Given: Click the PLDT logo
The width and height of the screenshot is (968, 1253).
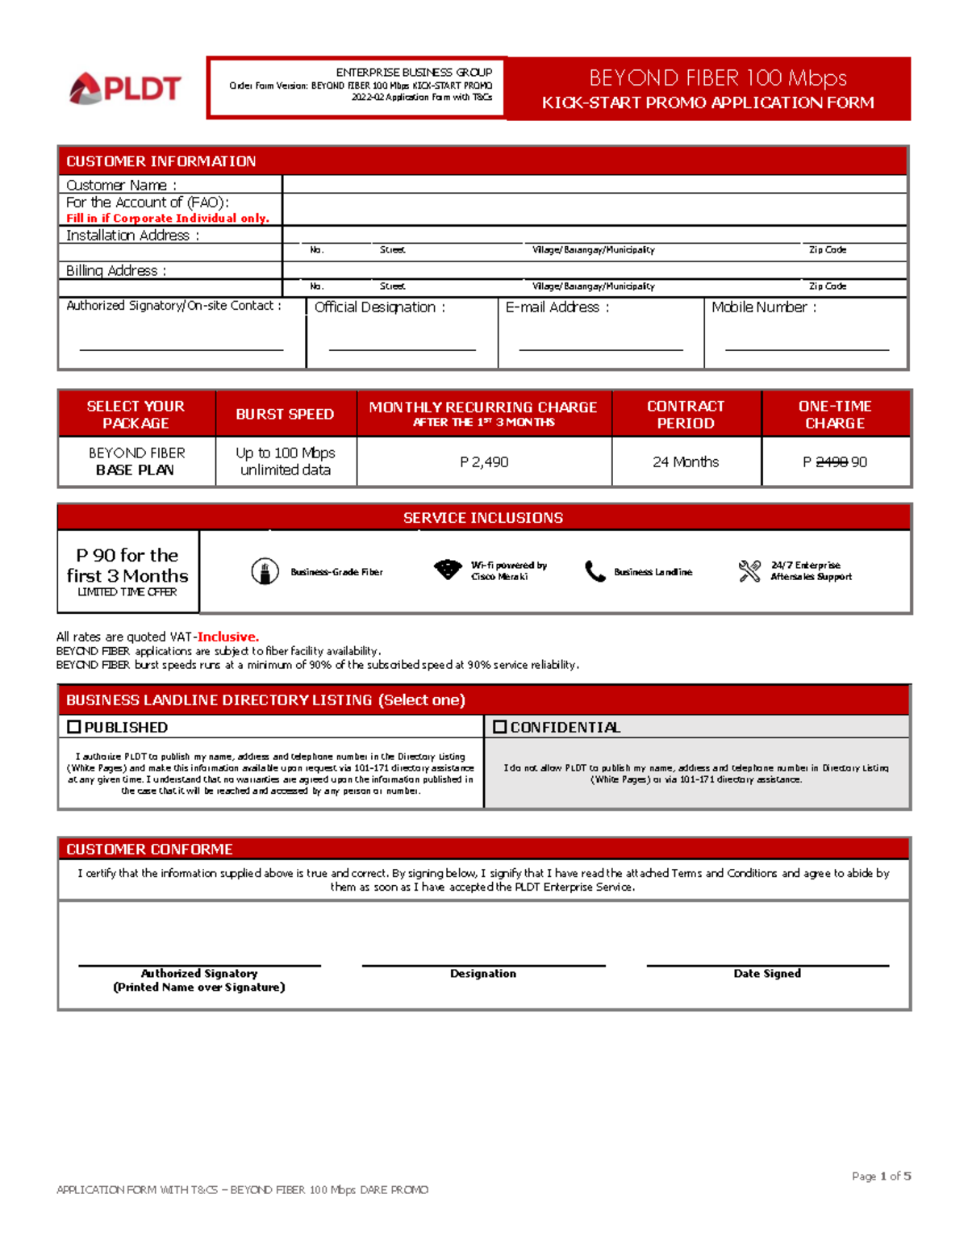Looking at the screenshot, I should tap(125, 89).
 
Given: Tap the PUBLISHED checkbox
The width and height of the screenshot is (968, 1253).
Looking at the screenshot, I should tap(74, 727).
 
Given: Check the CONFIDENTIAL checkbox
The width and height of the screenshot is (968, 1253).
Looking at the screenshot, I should tap(500, 727).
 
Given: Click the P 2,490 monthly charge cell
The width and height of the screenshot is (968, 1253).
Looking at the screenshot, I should tap(484, 462).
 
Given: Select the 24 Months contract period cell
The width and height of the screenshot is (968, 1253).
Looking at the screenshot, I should tap(686, 462).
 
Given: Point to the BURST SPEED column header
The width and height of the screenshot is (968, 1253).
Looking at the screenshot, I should tap(285, 414).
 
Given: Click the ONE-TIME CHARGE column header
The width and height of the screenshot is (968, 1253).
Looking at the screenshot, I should tap(835, 415).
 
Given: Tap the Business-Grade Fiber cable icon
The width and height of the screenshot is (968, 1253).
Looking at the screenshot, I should tap(265, 571).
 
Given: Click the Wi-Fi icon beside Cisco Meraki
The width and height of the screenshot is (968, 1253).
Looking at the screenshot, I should tap(448, 570).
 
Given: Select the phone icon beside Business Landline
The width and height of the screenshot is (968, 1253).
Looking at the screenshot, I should tap(595, 571).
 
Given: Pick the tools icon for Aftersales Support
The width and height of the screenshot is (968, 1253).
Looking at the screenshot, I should tap(749, 571).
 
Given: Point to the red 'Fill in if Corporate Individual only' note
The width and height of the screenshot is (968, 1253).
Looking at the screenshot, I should tap(168, 218).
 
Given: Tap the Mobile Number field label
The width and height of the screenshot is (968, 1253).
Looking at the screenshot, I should tap(764, 307).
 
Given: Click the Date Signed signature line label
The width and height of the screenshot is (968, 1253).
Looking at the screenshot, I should tap(767, 974).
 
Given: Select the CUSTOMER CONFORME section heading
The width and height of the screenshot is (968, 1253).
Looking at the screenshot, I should tap(149, 850).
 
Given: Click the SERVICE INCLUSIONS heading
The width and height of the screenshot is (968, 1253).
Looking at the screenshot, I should tap(483, 518).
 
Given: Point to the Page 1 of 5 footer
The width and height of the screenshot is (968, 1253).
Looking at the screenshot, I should tap(881, 1176).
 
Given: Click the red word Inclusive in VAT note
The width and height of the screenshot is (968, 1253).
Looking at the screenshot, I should tap(228, 637).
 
